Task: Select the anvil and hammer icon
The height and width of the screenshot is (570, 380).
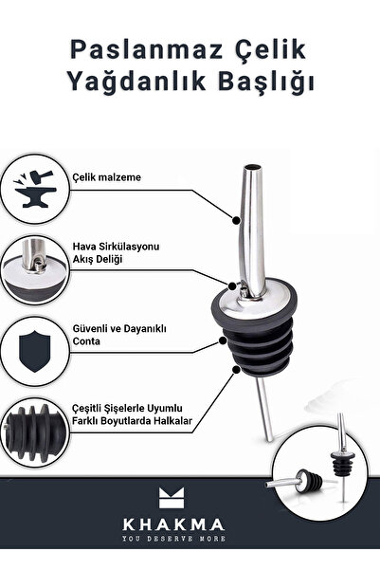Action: pos(35,189)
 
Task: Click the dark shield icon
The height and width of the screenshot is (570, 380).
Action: pos(34,351)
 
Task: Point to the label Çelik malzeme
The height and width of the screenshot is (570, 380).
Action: pos(106,177)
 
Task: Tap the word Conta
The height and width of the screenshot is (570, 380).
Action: pos(86,341)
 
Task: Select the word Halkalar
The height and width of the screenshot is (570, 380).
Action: pos(172,421)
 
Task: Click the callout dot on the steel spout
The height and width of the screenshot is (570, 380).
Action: pos(236,220)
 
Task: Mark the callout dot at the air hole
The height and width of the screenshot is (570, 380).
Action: pos(233,285)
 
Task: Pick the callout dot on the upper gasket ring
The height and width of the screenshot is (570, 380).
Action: pos(223,341)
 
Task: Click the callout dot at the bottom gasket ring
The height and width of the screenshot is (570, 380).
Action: pos(236,370)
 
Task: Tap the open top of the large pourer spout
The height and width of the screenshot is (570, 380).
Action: pos(253,168)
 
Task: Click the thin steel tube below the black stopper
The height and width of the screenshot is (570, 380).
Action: pos(264,410)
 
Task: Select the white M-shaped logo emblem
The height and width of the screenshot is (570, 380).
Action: pos(172,498)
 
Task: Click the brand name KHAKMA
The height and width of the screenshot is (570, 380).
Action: pos(173,524)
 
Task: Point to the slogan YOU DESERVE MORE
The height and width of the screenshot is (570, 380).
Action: pos(173,539)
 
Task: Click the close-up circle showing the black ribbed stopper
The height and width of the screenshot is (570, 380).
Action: pos(34,432)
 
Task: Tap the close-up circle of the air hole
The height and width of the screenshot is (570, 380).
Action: pos(34,269)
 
